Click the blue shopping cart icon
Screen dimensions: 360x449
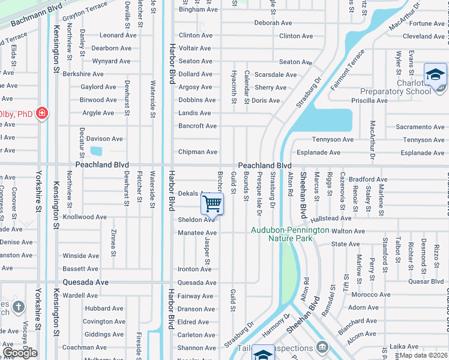212,203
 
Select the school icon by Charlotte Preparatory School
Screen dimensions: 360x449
435,74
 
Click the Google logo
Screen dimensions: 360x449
20,353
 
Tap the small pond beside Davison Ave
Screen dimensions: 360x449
95,151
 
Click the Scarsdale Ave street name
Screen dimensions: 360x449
276,75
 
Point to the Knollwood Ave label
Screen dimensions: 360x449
85,217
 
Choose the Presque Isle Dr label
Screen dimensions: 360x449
259,193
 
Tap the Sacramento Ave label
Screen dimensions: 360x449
420,127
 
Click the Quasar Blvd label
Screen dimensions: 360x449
425,281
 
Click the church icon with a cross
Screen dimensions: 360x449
19,307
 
